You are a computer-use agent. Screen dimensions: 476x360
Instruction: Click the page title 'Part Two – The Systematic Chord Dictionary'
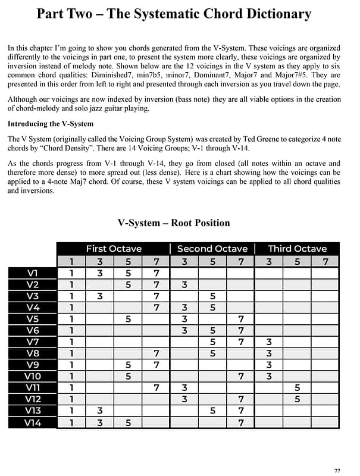click(x=174, y=14)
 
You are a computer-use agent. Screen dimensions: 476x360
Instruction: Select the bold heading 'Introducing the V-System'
click(x=50, y=124)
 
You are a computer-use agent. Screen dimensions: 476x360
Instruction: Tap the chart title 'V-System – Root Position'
click(x=174, y=223)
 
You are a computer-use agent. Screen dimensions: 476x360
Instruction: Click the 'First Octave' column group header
click(x=114, y=249)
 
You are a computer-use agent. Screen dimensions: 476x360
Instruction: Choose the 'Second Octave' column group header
click(x=212, y=249)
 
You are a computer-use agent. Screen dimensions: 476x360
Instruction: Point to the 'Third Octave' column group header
click(x=297, y=249)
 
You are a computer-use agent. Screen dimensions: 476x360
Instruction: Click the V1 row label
click(x=33, y=273)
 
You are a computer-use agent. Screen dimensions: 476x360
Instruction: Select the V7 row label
click(x=33, y=342)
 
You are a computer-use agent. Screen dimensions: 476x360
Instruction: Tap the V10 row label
click(x=33, y=377)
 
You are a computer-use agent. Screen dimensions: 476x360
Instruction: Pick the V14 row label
click(x=33, y=423)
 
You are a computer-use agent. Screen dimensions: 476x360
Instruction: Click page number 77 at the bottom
click(x=337, y=471)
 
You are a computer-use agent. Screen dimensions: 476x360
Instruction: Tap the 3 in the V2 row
click(x=184, y=285)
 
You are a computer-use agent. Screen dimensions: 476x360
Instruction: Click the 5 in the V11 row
click(x=297, y=389)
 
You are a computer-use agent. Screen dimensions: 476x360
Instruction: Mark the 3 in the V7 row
click(x=269, y=342)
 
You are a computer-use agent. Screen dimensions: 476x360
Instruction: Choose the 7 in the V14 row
click(x=241, y=423)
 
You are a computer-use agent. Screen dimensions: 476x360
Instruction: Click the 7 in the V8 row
click(x=156, y=354)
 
